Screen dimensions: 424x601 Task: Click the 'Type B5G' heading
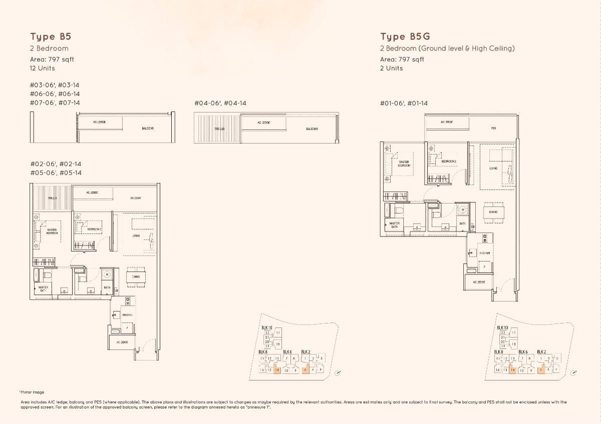405,36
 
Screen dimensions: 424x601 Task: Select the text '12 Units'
43,68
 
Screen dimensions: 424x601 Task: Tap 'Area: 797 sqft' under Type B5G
402,59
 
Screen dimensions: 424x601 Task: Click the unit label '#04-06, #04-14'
220,103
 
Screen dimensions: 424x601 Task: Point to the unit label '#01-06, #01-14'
404,103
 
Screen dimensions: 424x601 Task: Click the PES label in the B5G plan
493,128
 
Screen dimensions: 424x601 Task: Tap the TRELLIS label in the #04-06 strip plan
219,129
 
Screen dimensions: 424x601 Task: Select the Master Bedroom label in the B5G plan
404,163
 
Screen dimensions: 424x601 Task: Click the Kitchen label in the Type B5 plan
127,315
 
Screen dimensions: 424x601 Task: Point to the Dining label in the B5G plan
493,212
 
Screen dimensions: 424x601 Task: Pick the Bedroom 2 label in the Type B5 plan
94,229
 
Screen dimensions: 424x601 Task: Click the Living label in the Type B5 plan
136,235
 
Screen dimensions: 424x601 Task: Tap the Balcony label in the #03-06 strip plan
148,128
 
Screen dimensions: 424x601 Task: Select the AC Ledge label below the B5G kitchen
479,282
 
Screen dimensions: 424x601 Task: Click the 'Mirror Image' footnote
33,392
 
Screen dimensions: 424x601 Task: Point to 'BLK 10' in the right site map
502,327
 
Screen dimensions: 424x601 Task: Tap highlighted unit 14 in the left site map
277,370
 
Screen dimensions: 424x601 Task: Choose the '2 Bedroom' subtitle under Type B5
49,48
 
